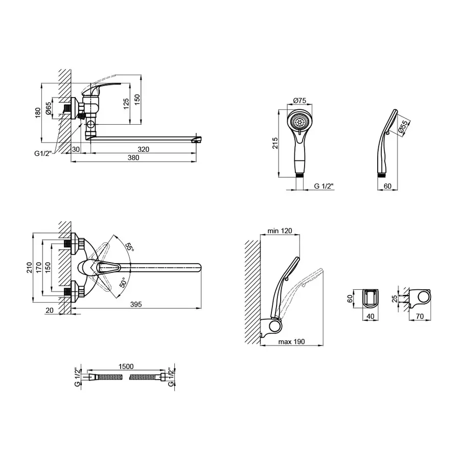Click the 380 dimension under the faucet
coord(133,158)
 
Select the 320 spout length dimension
coord(144,149)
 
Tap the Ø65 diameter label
coord(49,108)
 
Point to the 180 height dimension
coord(38,112)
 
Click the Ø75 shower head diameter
coord(300,101)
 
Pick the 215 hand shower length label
coord(275,143)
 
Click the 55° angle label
coord(129,247)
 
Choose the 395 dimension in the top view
coord(136,305)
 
